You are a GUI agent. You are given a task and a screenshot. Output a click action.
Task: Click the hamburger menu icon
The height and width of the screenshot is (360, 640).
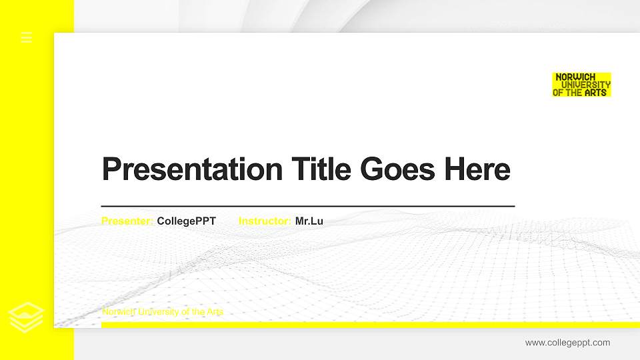(x=27, y=37)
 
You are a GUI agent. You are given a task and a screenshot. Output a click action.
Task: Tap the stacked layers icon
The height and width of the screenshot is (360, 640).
(x=26, y=317)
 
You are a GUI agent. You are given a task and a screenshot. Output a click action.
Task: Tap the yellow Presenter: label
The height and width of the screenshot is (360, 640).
(x=127, y=221)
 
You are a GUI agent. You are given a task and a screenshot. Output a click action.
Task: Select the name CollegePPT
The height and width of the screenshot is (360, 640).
(x=186, y=221)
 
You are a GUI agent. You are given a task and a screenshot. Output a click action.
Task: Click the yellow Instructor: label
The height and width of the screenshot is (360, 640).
(x=265, y=221)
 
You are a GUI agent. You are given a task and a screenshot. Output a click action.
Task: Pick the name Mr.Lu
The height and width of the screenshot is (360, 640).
(x=309, y=221)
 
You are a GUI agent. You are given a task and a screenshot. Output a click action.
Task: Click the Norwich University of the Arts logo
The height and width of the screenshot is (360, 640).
(x=581, y=85)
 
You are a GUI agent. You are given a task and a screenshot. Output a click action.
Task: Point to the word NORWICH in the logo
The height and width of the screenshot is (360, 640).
(x=576, y=77)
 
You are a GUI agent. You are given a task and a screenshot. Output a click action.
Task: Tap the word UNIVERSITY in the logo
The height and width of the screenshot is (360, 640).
(x=587, y=85)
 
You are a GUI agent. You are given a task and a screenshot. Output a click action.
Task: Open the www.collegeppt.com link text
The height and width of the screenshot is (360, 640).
(x=567, y=343)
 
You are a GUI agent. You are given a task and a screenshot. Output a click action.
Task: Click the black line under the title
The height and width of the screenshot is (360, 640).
(x=308, y=207)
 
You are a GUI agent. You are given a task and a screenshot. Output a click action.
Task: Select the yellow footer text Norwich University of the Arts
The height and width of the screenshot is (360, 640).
(x=163, y=312)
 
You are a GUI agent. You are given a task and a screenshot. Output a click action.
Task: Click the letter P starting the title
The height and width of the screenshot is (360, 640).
(x=112, y=169)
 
